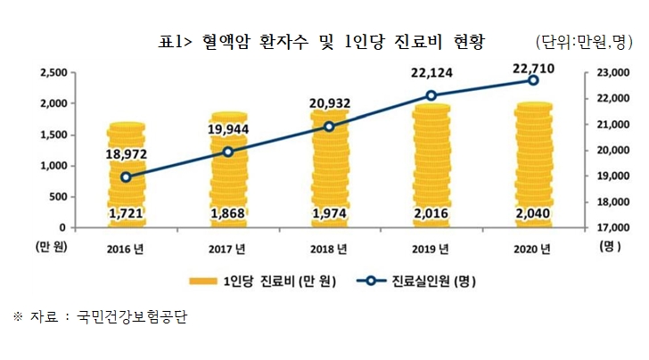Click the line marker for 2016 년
pyautogui.click(x=127, y=176)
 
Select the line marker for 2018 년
pyautogui.click(x=329, y=127)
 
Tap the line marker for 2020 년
pyautogui.click(x=532, y=80)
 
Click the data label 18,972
pyautogui.click(x=126, y=154)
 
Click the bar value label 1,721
pyautogui.click(x=127, y=214)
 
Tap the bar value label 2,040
pyautogui.click(x=532, y=214)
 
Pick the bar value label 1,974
pyautogui.click(x=329, y=214)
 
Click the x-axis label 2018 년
pyautogui.click(x=330, y=248)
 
